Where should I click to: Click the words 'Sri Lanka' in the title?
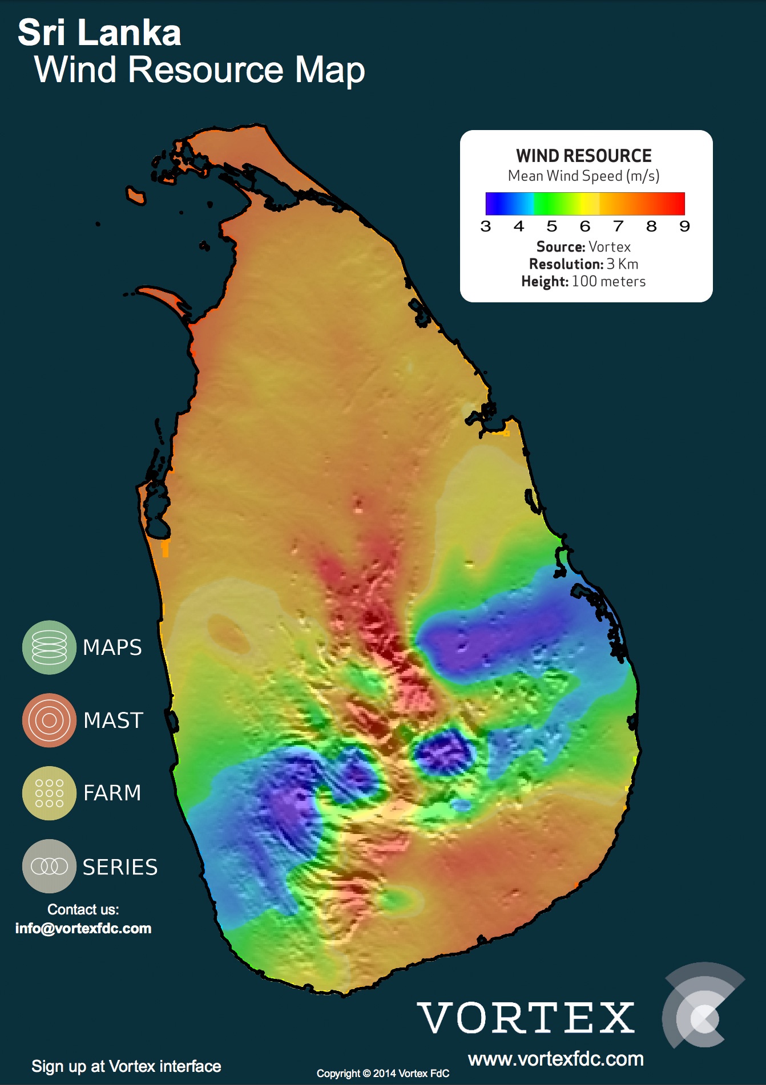99,33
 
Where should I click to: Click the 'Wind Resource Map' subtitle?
199,70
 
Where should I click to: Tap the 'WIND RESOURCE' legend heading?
583,156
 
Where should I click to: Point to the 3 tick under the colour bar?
486,226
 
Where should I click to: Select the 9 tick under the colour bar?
684,226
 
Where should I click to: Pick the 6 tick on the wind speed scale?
585,226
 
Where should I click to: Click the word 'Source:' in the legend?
561,247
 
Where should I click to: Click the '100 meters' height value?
608,281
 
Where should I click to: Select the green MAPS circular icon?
49,647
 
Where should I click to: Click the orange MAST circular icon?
49,720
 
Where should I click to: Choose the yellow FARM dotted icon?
49,793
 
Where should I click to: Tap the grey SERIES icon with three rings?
49,866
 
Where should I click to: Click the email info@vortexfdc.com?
83,928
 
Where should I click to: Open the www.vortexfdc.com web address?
555,1059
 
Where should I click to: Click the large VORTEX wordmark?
526,1018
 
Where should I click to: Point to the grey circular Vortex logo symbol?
702,1006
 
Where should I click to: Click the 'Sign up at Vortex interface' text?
126,1066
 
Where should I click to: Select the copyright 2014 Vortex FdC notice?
383,1073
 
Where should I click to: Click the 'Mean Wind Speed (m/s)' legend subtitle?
583,176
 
